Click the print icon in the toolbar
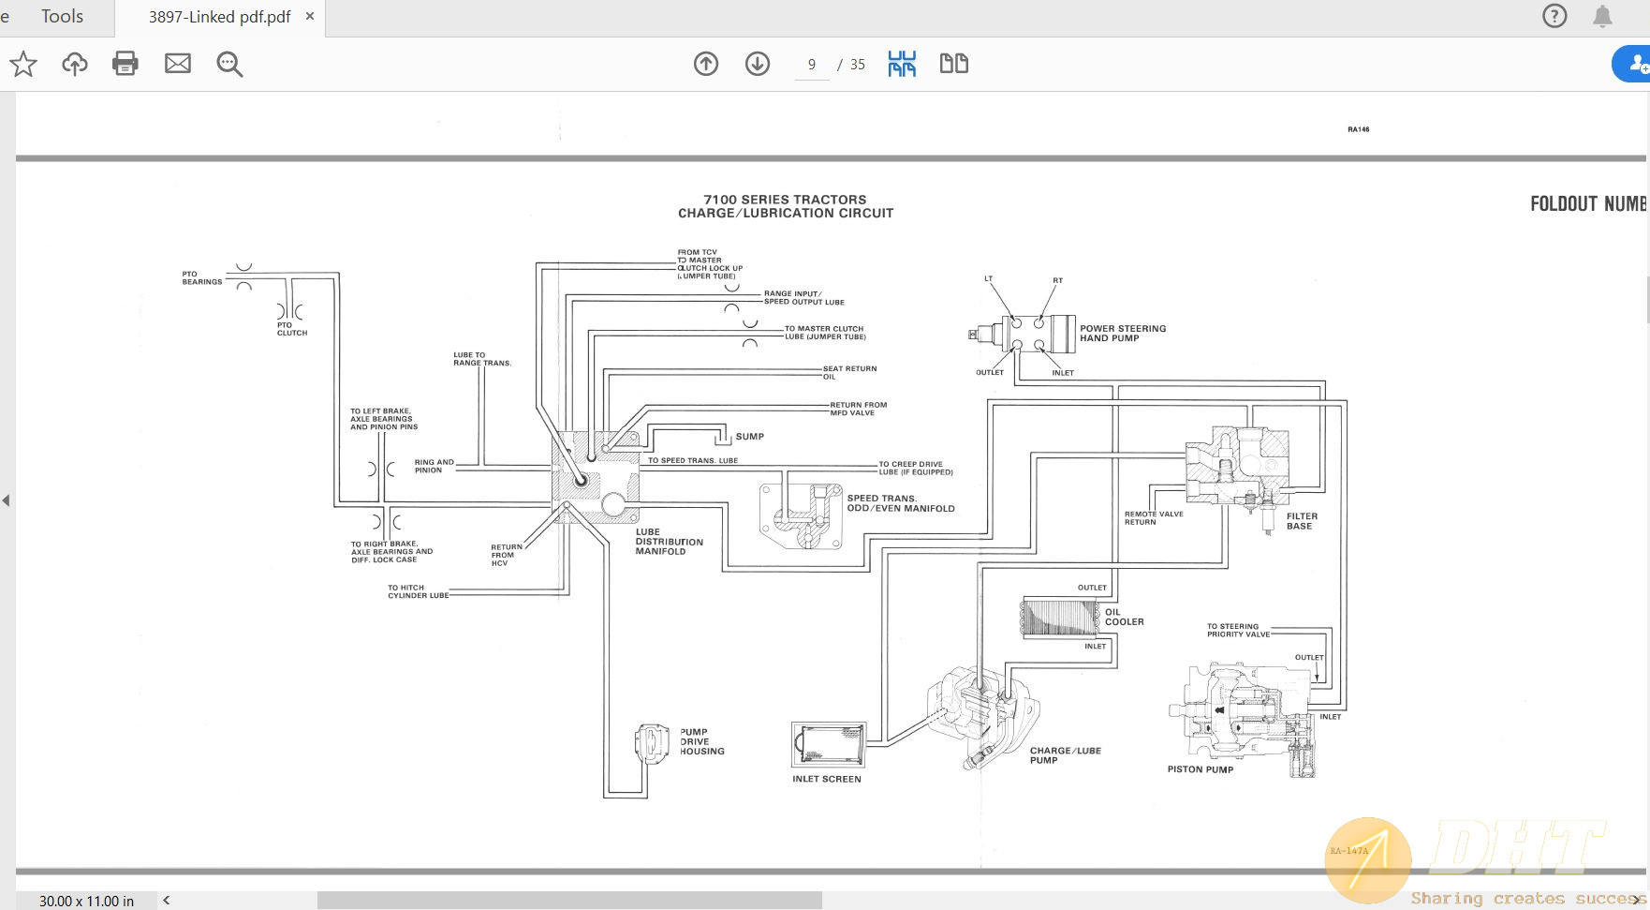(x=125, y=64)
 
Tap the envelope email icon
(x=177, y=64)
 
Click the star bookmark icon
(x=23, y=64)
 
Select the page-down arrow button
(x=757, y=64)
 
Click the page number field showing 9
(x=811, y=65)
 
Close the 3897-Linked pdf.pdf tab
(x=310, y=17)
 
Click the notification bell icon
(x=1602, y=17)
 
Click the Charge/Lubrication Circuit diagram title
(x=785, y=206)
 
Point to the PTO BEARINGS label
(x=201, y=277)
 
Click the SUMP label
(x=749, y=437)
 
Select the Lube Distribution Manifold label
(x=669, y=542)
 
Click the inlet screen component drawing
(x=828, y=743)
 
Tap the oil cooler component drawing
(x=1059, y=618)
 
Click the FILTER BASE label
(x=1301, y=521)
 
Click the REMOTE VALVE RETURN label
(x=1153, y=517)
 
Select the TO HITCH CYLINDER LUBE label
(x=418, y=591)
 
